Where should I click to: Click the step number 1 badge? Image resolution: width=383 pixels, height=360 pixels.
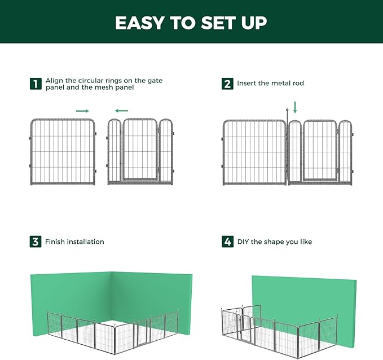coord(36,84)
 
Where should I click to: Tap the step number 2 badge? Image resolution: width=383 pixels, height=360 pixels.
coord(227,84)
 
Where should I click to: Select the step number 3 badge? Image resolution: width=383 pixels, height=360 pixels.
coord(36,242)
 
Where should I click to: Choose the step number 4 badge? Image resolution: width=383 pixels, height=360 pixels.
coord(227,242)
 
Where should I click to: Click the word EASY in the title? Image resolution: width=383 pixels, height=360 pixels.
coord(138,23)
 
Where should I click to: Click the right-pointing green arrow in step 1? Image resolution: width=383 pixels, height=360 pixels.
coord(83,111)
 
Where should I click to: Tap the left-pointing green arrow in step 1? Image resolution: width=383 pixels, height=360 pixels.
coord(121,111)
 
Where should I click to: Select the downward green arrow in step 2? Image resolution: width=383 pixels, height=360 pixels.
coord(294,107)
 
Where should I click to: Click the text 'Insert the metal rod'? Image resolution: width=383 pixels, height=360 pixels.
coord(270,84)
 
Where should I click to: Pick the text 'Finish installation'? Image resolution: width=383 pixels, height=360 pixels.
coord(74,242)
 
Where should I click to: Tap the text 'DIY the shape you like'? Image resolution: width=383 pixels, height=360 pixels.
coord(274,242)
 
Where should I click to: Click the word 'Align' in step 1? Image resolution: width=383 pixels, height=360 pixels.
coord(55,81)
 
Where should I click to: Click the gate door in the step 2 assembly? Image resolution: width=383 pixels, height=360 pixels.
coord(320,151)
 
